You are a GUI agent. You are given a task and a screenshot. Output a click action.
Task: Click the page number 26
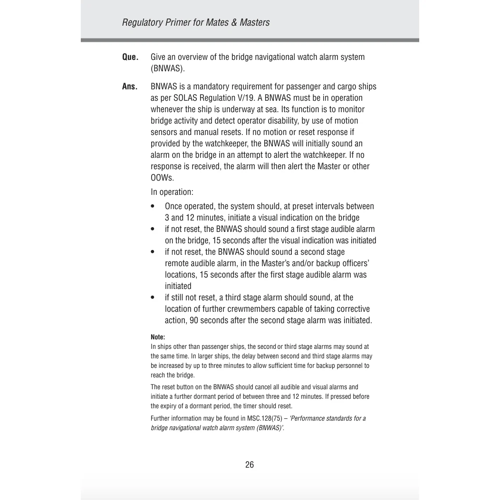pos(250,465)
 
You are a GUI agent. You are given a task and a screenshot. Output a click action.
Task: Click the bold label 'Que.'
pos(130,57)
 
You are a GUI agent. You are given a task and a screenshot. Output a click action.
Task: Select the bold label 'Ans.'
pos(129,87)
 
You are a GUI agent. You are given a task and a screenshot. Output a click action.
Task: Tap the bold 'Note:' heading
pos(158,337)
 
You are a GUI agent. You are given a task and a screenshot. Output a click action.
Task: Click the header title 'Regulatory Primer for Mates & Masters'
pos(195,22)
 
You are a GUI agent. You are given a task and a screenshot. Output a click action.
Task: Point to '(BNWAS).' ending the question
pos(168,68)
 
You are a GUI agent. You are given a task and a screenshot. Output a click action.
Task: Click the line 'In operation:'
pos(172,192)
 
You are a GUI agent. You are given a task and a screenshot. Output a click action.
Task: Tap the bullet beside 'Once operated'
pos(153,207)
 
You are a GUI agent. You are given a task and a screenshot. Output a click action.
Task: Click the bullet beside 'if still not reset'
pos(153,298)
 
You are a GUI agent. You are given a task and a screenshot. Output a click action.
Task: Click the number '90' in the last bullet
pos(193,320)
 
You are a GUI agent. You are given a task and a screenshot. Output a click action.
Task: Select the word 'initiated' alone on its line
pos(178,286)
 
